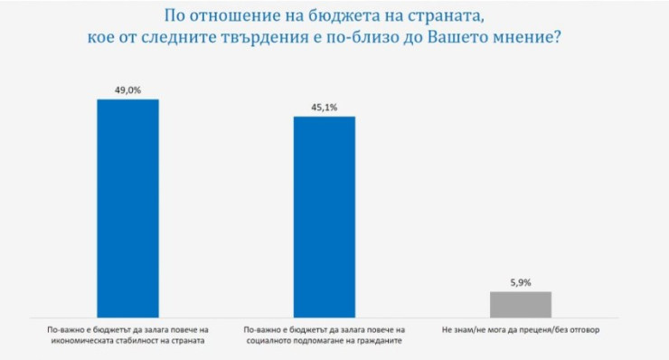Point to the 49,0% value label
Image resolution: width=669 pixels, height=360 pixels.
pyautogui.click(x=127, y=89)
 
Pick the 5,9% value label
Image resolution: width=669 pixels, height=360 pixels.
pyautogui.click(x=520, y=281)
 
